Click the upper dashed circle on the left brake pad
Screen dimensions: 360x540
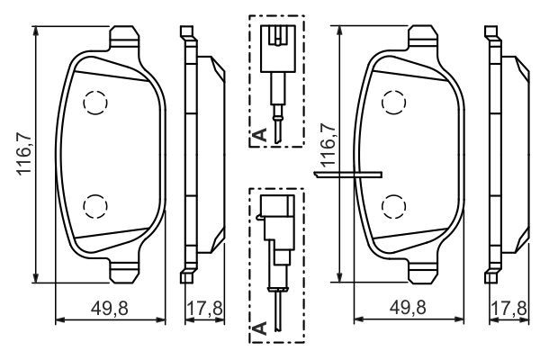point(94,105)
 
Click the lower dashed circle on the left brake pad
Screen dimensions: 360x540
point(94,206)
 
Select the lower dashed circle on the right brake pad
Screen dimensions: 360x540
point(394,206)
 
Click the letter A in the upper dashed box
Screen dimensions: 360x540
point(259,136)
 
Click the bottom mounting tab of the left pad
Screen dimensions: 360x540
point(124,268)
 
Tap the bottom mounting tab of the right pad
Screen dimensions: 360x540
point(426,268)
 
